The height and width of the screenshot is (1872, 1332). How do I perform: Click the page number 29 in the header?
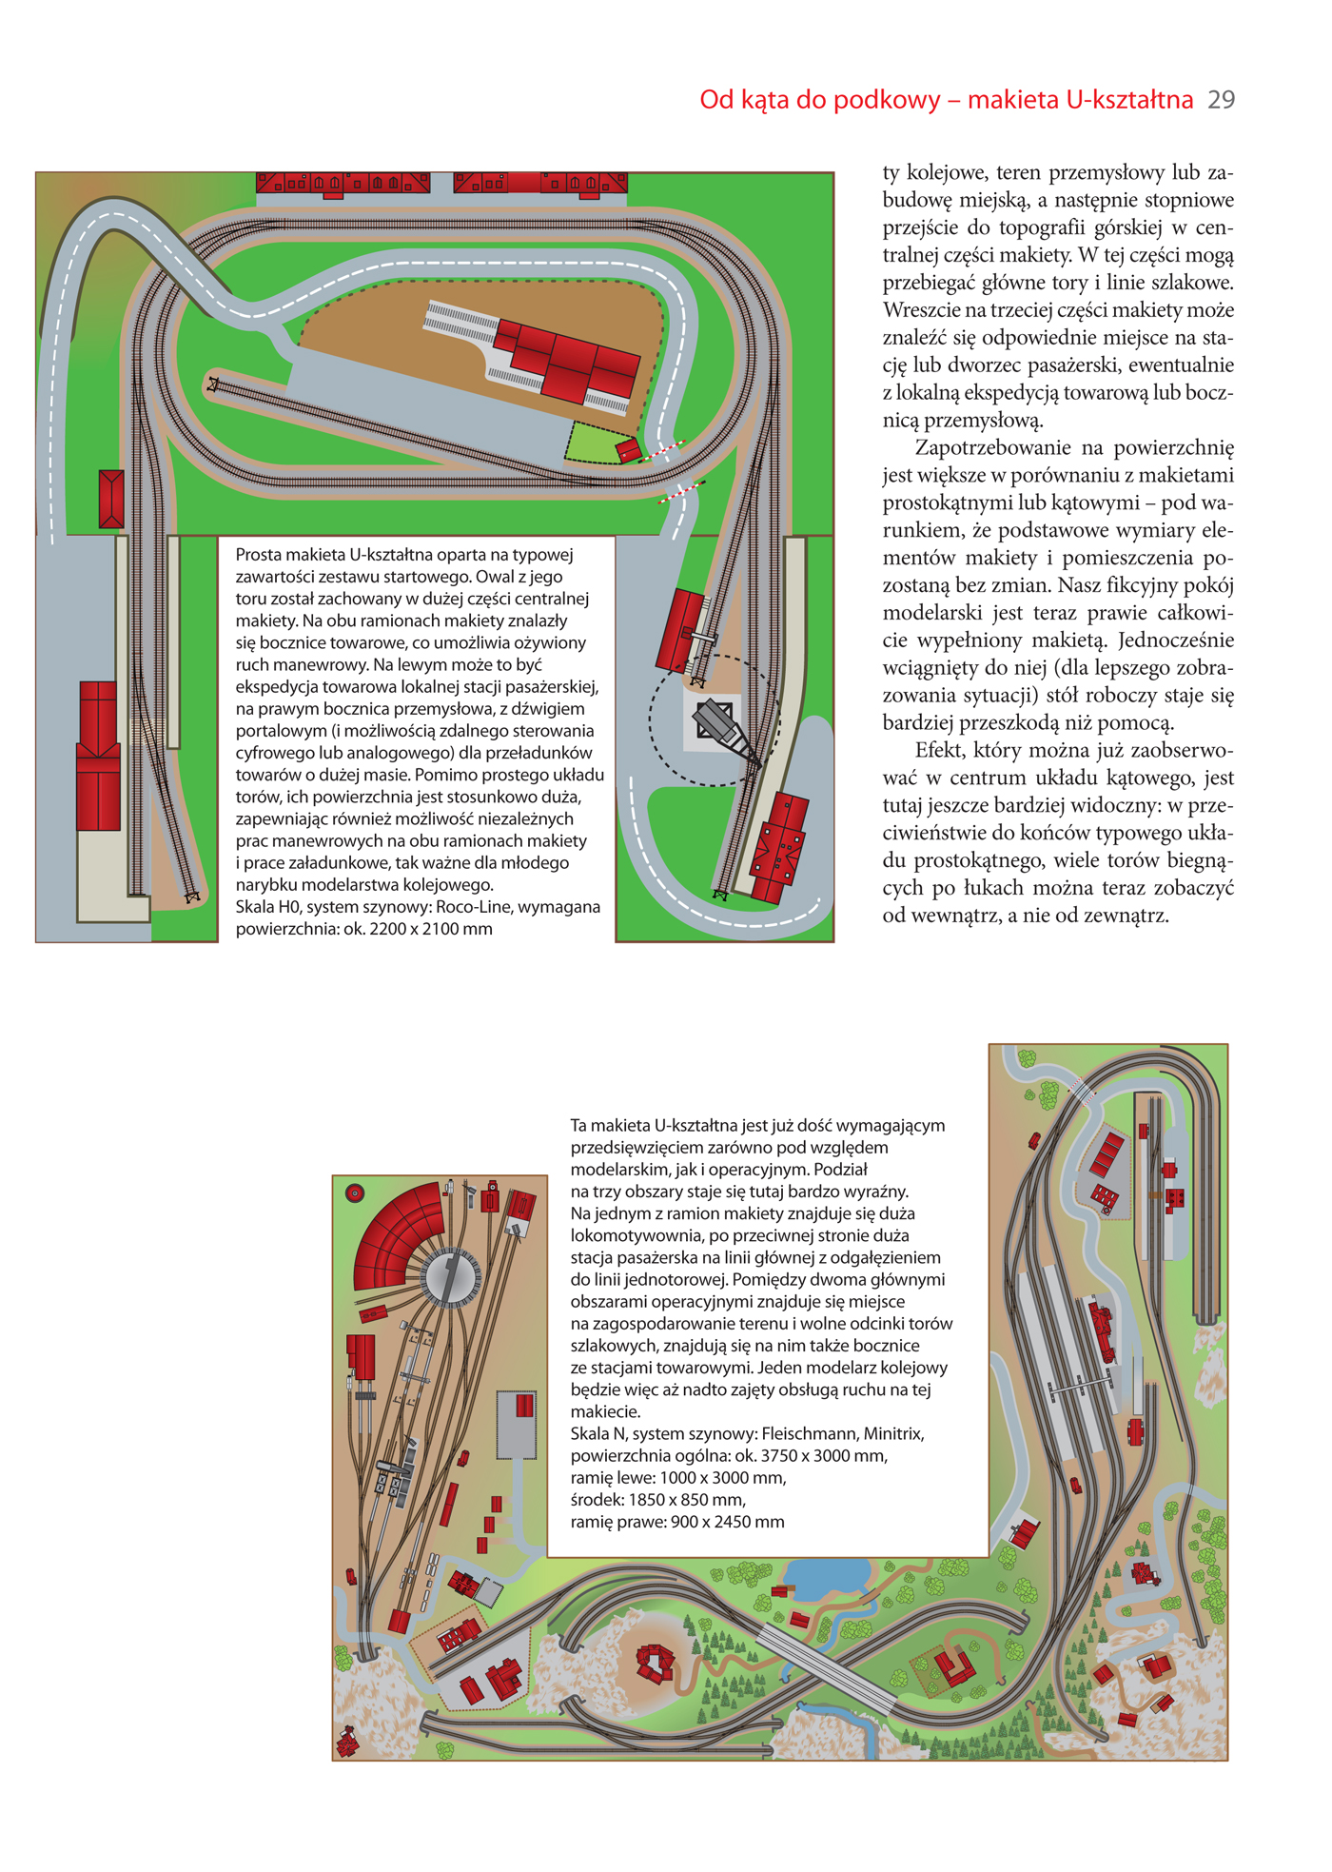[1221, 100]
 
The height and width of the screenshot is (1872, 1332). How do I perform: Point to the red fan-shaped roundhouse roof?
[395, 1234]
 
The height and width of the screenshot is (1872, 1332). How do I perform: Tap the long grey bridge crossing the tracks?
[826, 1670]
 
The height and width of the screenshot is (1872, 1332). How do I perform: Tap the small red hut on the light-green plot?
[627, 450]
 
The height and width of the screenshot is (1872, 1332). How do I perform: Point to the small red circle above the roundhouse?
[355, 1193]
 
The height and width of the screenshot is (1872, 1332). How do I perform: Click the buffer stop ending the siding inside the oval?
[213, 384]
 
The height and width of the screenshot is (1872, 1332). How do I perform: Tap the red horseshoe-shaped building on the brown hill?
[655, 1662]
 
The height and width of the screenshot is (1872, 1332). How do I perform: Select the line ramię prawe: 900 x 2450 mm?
[677, 1521]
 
